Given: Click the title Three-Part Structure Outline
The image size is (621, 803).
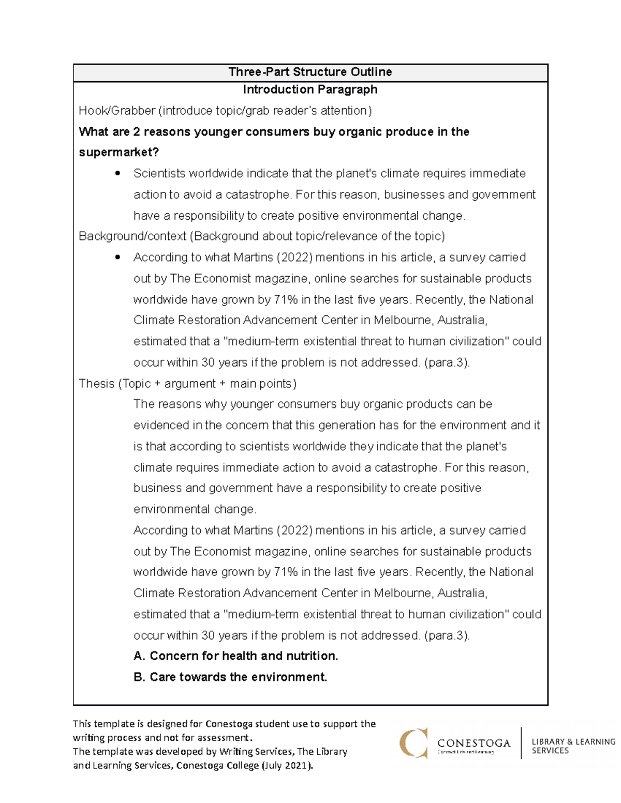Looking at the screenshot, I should [x=310, y=72].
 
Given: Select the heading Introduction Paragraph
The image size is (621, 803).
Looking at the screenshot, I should [x=310, y=89].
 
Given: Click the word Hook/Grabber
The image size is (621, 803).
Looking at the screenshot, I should [x=117, y=111].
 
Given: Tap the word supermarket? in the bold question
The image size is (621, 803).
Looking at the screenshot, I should [x=119, y=153].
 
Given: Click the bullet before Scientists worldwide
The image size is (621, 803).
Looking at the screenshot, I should [x=118, y=174].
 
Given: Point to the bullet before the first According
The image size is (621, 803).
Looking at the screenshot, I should [x=118, y=257].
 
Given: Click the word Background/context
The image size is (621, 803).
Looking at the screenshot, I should [x=132, y=236].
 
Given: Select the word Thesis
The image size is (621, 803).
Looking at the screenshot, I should [x=96, y=384].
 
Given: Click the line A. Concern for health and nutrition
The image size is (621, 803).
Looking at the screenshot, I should [x=235, y=656].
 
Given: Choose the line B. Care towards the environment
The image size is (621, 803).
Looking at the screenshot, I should [x=230, y=677].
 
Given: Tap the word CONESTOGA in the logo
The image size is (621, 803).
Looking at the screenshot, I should [x=474, y=743].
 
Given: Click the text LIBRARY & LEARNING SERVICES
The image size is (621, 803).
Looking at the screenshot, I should [x=573, y=746].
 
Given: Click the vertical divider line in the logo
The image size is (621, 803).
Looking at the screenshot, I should [x=521, y=743].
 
